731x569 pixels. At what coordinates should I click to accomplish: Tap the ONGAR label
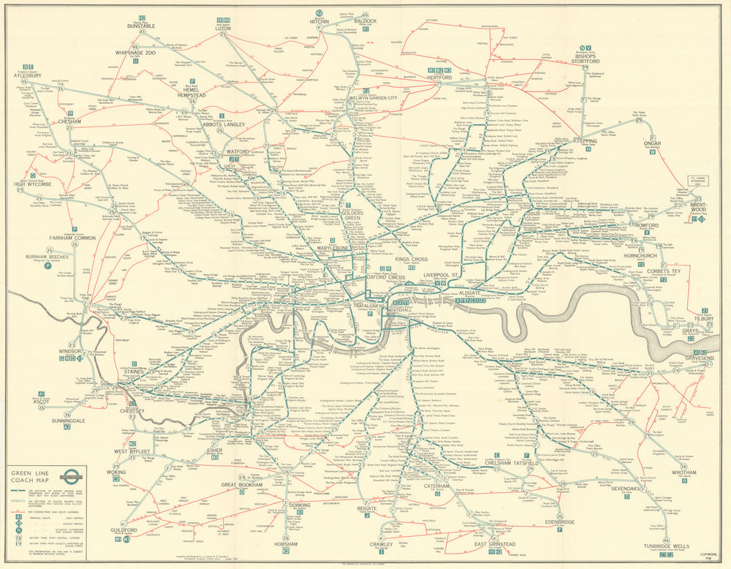[x=652, y=143]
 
